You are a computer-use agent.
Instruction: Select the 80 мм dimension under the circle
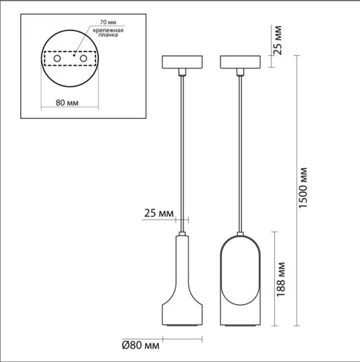coord(68,102)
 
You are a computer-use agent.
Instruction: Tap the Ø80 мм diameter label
coord(140,346)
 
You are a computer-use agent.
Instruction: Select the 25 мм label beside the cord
coord(159,212)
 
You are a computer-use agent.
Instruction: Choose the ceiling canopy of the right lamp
coord(241,62)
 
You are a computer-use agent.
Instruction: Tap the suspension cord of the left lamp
coord(182,151)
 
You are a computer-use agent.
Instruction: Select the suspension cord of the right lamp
coord(241,151)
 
